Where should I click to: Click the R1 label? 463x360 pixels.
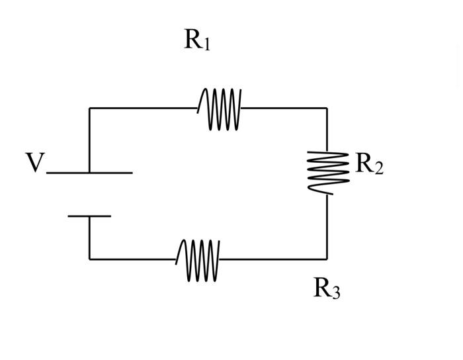(197, 40)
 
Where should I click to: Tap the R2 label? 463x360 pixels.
(369, 163)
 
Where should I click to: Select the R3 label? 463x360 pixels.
(327, 289)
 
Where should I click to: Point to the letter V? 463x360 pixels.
(34, 163)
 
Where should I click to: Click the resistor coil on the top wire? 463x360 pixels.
(220, 109)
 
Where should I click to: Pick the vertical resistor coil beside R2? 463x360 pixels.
(327, 172)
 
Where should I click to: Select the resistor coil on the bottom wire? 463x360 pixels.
(198, 259)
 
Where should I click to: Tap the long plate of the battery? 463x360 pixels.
(89, 173)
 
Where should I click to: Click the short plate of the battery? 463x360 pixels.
(89, 216)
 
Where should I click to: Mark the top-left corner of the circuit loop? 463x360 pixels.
(90, 108)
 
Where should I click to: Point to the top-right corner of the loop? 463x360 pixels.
(327, 108)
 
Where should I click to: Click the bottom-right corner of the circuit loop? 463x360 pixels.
(327, 259)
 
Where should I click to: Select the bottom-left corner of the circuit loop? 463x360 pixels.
(90, 259)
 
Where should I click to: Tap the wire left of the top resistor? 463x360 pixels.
(142, 108)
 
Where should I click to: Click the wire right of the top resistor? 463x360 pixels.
(284, 108)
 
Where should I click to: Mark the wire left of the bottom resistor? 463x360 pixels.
(132, 259)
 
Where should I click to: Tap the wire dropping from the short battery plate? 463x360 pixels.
(89, 237)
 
